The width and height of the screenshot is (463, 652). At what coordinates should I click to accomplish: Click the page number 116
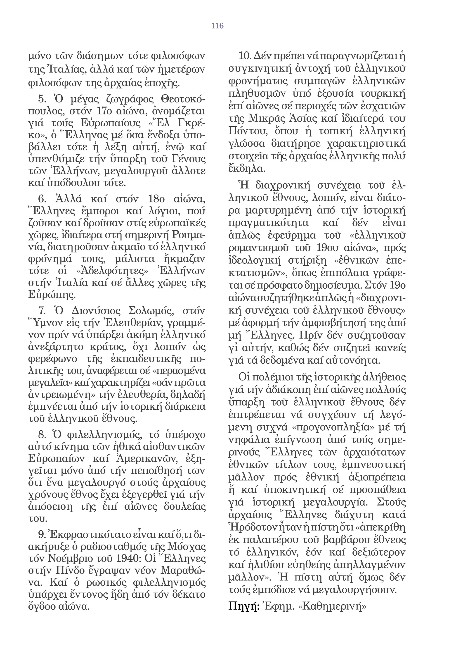click(217, 26)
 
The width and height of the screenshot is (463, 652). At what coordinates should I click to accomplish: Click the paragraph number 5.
click(42, 99)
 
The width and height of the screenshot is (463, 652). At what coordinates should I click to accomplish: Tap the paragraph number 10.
click(245, 56)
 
